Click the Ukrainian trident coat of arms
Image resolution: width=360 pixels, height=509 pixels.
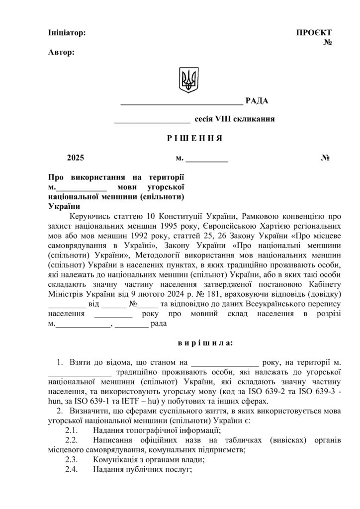pyautogui.click(x=188, y=80)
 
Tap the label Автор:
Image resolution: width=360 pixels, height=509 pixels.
pyautogui.click(x=62, y=52)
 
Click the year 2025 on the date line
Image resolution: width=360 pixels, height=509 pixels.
pyautogui.click(x=76, y=159)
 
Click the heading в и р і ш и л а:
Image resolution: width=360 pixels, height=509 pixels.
pyautogui.click(x=205, y=343)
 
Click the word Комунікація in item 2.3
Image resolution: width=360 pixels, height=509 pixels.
pyautogui.click(x=115, y=460)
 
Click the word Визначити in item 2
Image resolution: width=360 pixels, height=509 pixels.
pyautogui.click(x=89, y=411)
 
